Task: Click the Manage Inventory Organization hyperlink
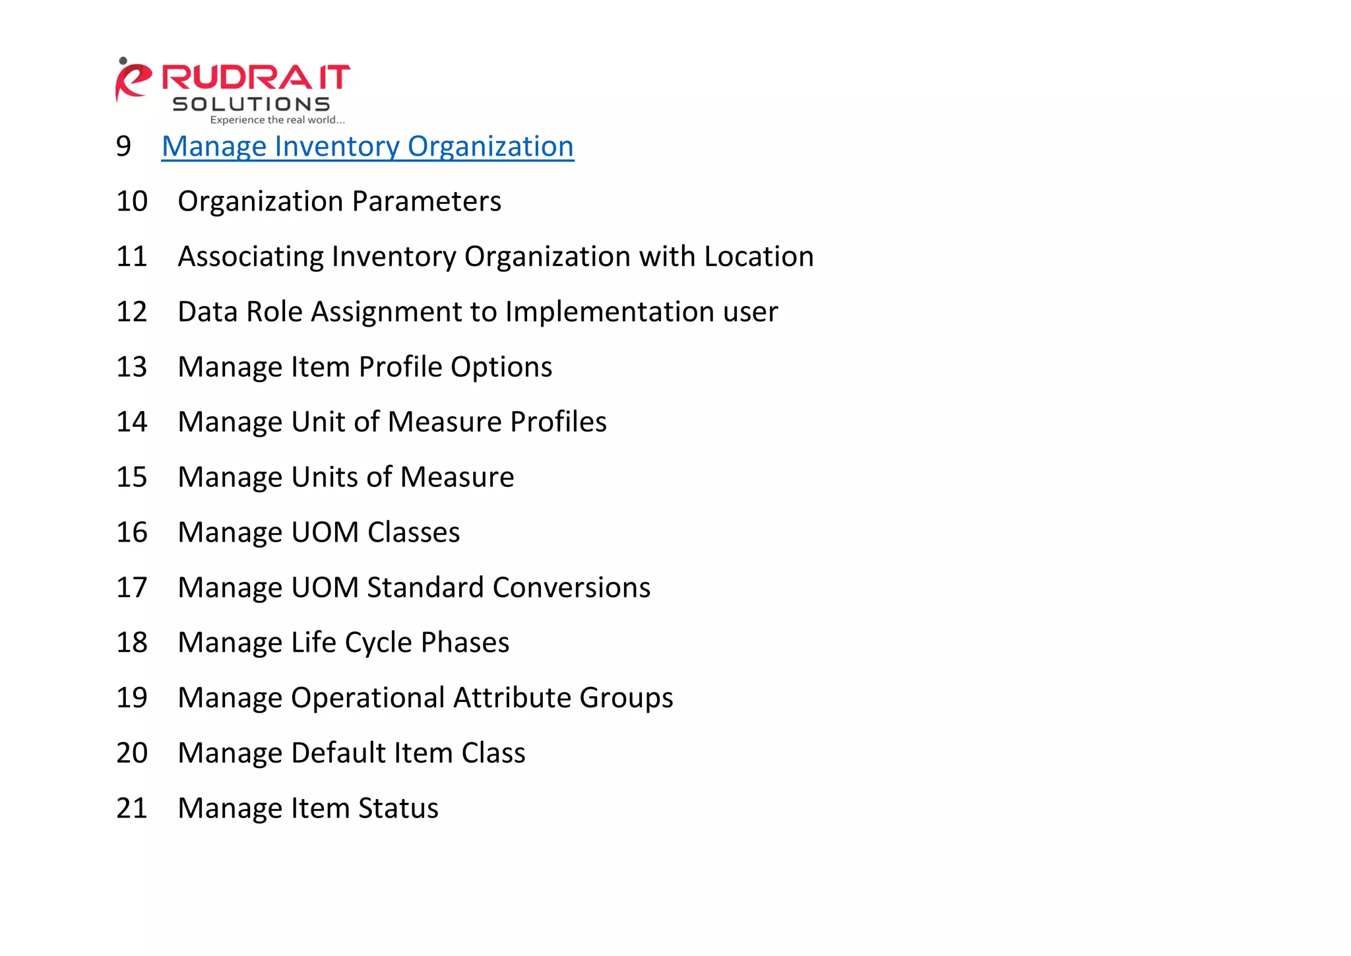(x=367, y=146)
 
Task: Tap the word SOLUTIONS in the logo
(x=251, y=104)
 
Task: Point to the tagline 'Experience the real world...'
(x=277, y=120)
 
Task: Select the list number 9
(x=123, y=146)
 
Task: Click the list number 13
(x=131, y=367)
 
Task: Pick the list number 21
(x=131, y=808)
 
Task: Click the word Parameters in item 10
(x=427, y=201)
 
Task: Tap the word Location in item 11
(x=759, y=257)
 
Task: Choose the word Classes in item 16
(x=414, y=532)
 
